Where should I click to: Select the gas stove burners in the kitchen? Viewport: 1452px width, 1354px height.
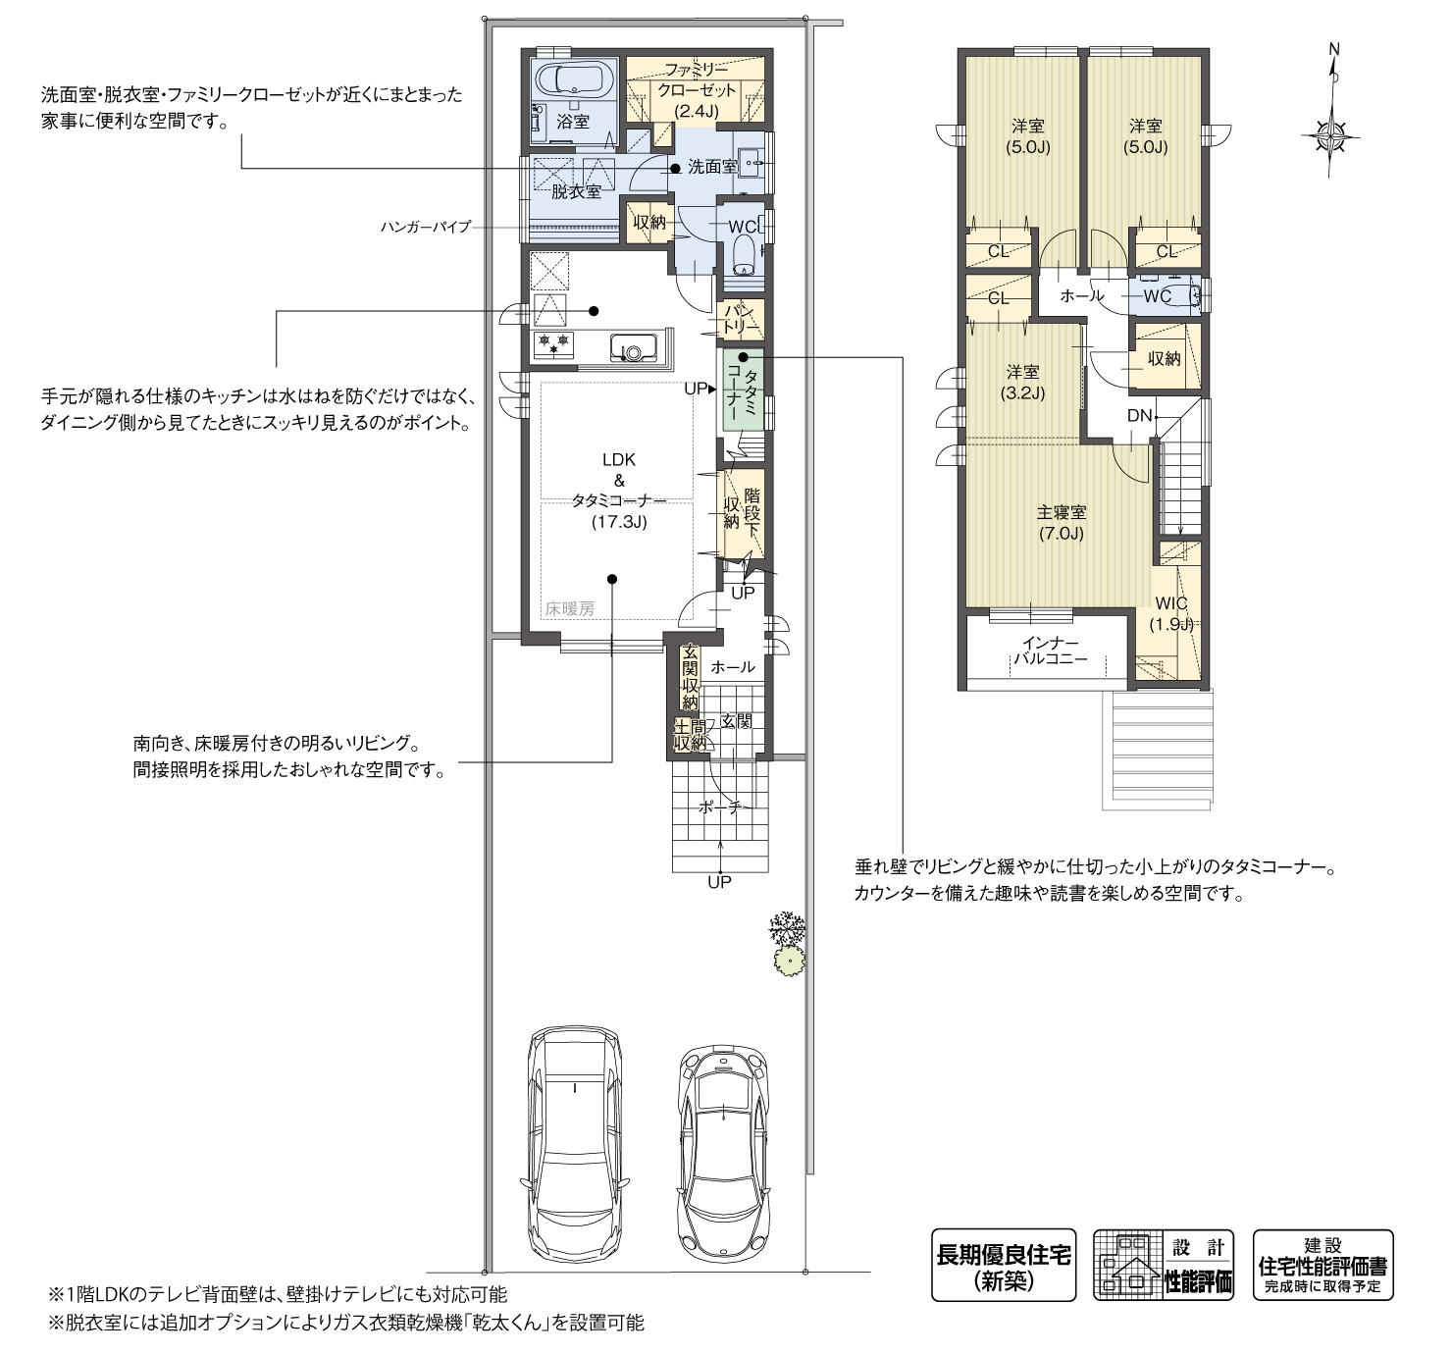pos(553,344)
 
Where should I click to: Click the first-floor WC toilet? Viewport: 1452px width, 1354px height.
pos(745,252)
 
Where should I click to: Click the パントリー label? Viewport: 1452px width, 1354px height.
pos(741,320)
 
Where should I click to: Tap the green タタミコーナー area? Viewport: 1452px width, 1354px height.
pos(744,391)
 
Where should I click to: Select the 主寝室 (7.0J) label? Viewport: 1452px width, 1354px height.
pos(1061,522)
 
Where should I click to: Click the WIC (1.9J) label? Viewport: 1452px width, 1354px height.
pos(1171,613)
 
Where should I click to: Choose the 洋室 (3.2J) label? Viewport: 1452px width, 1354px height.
pos(1022,382)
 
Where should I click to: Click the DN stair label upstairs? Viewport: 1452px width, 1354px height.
pos(1139,416)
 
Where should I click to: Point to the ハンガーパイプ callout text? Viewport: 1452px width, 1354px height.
pos(425,227)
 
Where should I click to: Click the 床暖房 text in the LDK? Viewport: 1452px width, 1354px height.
pos(570,608)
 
